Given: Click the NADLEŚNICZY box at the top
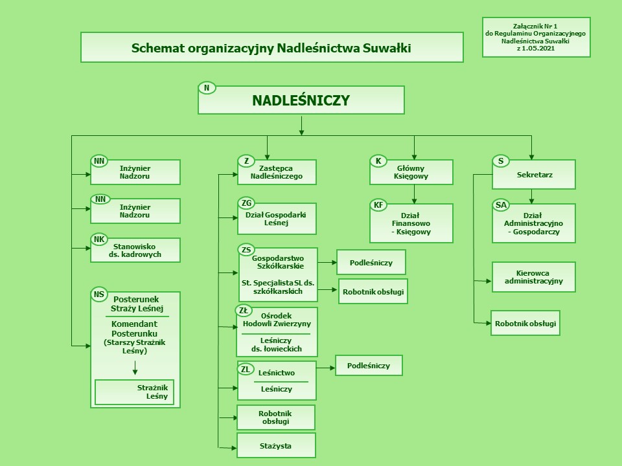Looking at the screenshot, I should tap(301, 100).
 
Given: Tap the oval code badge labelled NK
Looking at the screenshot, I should tap(99, 239).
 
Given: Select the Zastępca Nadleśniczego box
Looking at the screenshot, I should tap(277, 172).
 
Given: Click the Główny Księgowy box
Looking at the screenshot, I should tap(412, 172).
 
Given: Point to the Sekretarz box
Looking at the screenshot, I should tap(534, 174).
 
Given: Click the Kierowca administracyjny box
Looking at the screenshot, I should tap(534, 277).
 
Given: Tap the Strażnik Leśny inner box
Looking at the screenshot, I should tap(135, 392).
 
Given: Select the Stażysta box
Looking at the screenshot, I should tap(276, 446).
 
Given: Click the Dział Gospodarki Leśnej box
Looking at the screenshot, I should tap(277, 219).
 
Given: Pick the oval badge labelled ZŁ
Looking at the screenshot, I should tap(244, 311).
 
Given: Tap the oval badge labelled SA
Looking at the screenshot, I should tap(501, 205).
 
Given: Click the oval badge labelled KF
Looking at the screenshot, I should tap(378, 205).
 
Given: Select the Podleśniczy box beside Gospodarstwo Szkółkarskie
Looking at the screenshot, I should tap(371, 262).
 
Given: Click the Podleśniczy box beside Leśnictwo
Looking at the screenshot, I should tap(369, 366).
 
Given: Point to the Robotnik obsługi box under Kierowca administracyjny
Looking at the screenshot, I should tap(525, 322).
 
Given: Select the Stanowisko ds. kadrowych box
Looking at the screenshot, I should tap(135, 250).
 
